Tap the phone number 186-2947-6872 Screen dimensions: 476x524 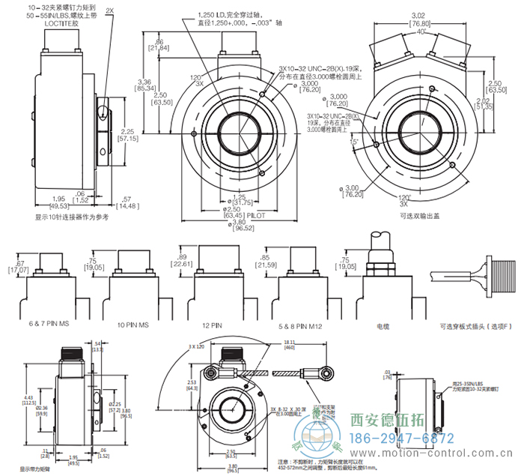click(x=403, y=438)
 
